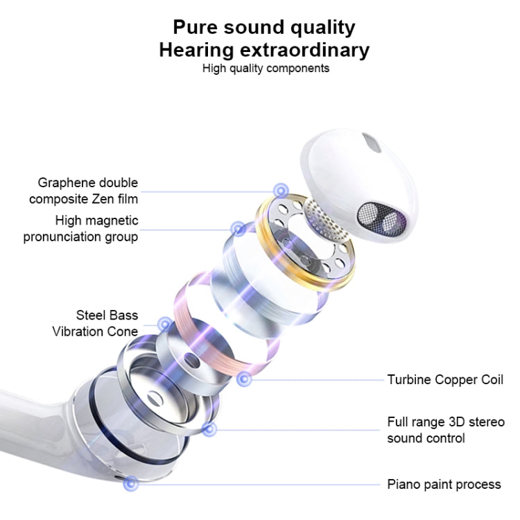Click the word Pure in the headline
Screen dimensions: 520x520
tap(196, 27)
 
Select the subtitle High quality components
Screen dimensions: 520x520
tap(266, 69)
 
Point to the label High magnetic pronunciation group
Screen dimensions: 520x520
tap(80, 229)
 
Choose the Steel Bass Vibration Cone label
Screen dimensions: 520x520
tap(95, 323)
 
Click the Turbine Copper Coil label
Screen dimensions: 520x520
tap(445, 380)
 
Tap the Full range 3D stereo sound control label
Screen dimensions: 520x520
tap(446, 430)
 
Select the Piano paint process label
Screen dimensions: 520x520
tap(444, 485)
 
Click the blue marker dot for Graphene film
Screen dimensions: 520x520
tap(281, 191)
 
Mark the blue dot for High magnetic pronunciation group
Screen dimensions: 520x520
tap(238, 229)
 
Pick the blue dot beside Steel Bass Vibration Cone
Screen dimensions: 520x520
tap(165, 324)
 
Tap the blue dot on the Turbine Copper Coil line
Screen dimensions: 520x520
tap(244, 379)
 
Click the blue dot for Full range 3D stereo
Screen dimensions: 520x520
tap(209, 429)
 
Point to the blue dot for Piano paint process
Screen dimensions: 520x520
tap(130, 484)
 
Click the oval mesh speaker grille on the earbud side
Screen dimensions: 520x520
tap(382, 218)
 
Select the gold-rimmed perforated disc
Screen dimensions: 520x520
tap(305, 242)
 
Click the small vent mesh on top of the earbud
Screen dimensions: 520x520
tap(372, 143)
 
